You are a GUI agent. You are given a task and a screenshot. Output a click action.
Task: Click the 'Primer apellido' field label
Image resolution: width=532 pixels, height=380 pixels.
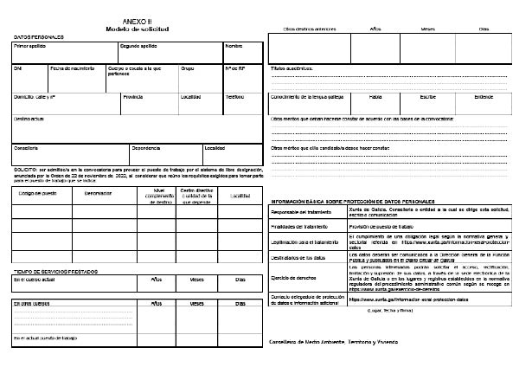coord(30,45)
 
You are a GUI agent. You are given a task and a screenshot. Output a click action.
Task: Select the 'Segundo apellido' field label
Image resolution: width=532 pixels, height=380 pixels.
coord(138,45)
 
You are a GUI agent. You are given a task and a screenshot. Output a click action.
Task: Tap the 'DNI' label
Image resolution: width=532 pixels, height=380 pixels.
coord(17,68)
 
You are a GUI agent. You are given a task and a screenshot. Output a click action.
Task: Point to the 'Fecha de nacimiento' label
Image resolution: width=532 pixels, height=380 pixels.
coord(72,68)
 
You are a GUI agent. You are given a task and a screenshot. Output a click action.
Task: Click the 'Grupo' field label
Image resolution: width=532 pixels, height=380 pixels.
coord(187,68)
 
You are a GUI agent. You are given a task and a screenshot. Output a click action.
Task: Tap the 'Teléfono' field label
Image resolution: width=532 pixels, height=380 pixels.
coord(235,97)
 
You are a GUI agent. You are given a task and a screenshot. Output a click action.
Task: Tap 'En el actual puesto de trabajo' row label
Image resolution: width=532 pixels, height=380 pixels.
coord(46,338)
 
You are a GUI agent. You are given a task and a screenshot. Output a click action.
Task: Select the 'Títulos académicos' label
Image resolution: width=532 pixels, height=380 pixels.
coord(292,67)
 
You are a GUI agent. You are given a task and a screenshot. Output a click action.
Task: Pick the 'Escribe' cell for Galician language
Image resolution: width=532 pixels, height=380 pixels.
coord(431,97)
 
